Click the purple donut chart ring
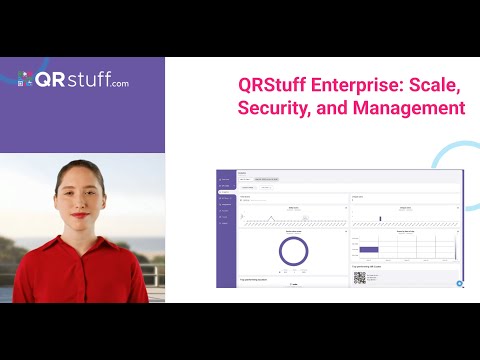point(293,251)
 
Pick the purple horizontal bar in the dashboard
point(369,249)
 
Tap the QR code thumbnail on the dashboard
point(359,279)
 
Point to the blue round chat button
point(459,283)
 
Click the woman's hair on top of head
point(84,166)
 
